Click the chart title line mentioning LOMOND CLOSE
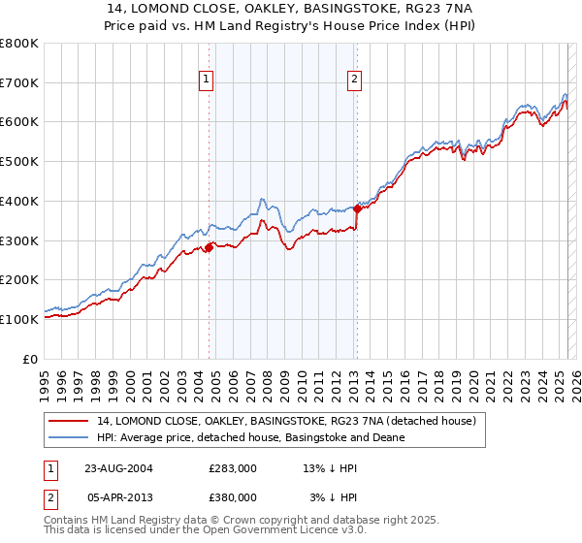[291, 9]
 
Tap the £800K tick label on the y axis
[19, 44]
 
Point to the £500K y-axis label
[19, 161]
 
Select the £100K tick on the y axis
[19, 319]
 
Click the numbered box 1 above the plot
[208, 80]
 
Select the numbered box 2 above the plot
[355, 80]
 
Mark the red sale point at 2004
[209, 247]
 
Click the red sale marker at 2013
[357, 208]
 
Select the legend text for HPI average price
[250, 437]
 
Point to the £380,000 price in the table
[233, 496]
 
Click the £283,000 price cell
[233, 467]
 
